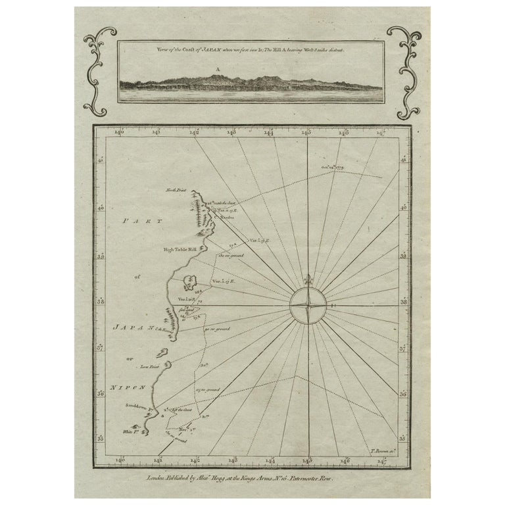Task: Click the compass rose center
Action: click(x=306, y=305)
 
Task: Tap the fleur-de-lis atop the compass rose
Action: click(x=306, y=278)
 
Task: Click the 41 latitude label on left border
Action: click(x=101, y=159)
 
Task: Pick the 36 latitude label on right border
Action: click(x=402, y=395)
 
